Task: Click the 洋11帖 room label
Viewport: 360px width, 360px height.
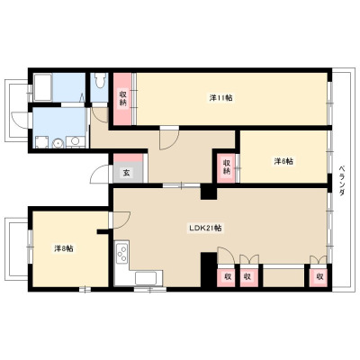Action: click(220, 98)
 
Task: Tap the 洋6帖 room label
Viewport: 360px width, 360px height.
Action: click(283, 161)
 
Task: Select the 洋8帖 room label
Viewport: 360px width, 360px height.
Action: click(64, 248)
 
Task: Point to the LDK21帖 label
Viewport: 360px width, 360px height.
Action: click(205, 228)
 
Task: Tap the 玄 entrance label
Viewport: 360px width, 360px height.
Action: click(127, 173)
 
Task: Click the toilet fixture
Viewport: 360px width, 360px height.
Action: click(99, 80)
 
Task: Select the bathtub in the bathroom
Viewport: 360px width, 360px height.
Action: click(43, 87)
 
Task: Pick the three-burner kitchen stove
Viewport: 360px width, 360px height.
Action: click(122, 254)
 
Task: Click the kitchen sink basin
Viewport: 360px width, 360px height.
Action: click(146, 278)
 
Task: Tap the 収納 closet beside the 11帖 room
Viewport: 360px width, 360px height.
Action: click(123, 98)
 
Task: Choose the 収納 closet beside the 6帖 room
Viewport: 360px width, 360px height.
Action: click(226, 167)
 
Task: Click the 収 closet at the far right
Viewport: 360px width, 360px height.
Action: click(320, 277)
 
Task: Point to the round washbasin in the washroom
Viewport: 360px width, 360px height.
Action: click(58, 143)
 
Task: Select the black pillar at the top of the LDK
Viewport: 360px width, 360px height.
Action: click(209, 193)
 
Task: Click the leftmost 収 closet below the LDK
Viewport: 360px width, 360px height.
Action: click(226, 277)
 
